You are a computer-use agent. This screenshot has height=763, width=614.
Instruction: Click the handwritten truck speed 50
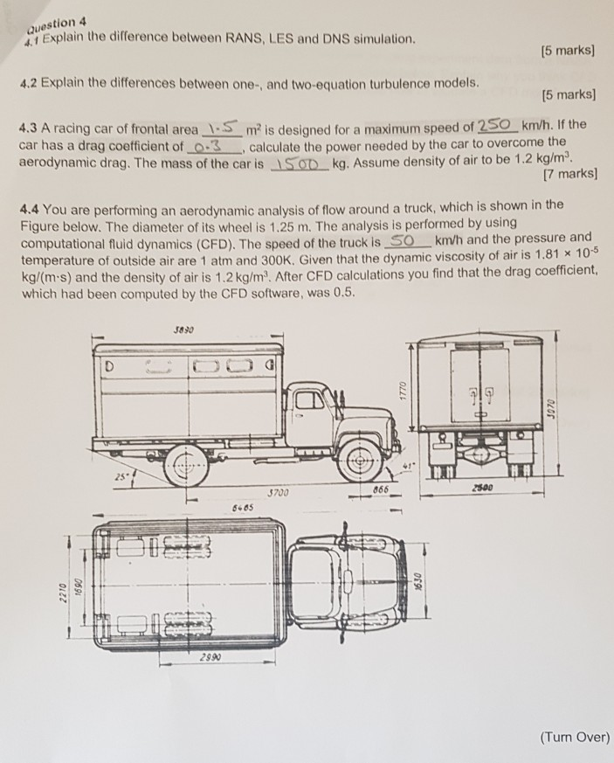coord(403,239)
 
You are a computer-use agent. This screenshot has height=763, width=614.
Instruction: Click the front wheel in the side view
coord(360,456)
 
